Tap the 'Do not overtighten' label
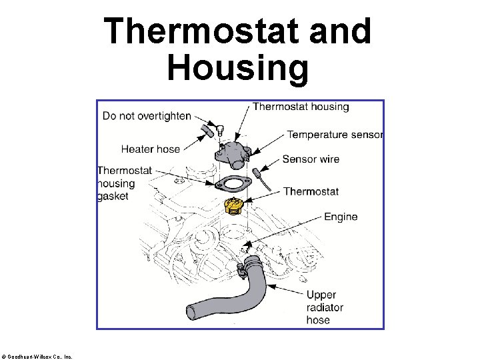tap(147, 116)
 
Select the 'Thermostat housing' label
tap(301, 107)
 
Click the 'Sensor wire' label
tap(311, 159)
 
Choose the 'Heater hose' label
tap(150, 149)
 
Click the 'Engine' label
tap(341, 217)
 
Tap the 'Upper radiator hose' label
tap(325, 307)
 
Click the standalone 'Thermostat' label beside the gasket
tap(311, 191)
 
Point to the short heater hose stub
tap(207, 132)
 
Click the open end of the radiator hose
tap(190, 312)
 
